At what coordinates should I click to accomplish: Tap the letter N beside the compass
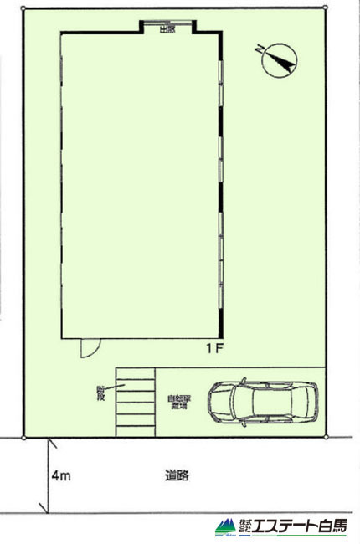tap(261, 49)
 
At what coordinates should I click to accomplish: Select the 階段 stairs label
tap(101, 392)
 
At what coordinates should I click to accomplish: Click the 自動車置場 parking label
tap(178, 402)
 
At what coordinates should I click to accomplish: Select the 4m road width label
tap(60, 476)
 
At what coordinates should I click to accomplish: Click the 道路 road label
tap(177, 475)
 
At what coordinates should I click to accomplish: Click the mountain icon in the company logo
tap(224, 527)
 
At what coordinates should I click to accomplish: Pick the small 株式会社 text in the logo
tap(244, 526)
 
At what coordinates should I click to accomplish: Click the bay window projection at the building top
tap(166, 27)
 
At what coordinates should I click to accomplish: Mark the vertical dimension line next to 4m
tap(47, 475)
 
